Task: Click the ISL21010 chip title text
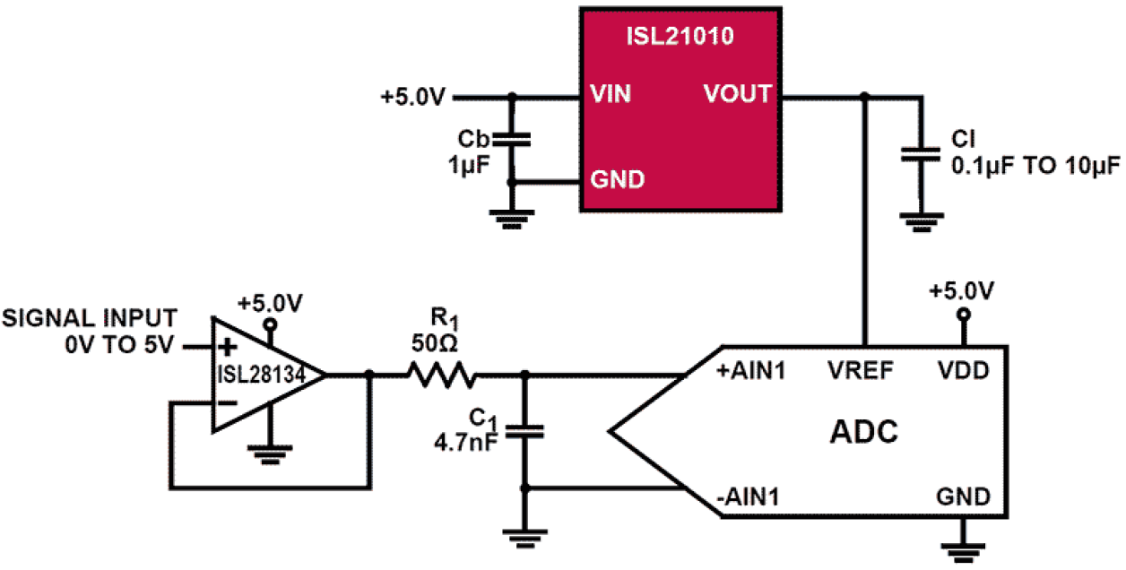(680, 37)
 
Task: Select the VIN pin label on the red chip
(611, 93)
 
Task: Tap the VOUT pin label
(737, 93)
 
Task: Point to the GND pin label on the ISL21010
(617, 179)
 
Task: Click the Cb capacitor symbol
(512, 140)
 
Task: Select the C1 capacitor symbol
(525, 431)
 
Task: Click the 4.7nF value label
(464, 442)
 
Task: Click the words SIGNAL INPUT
(90, 318)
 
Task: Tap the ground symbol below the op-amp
(265, 453)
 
